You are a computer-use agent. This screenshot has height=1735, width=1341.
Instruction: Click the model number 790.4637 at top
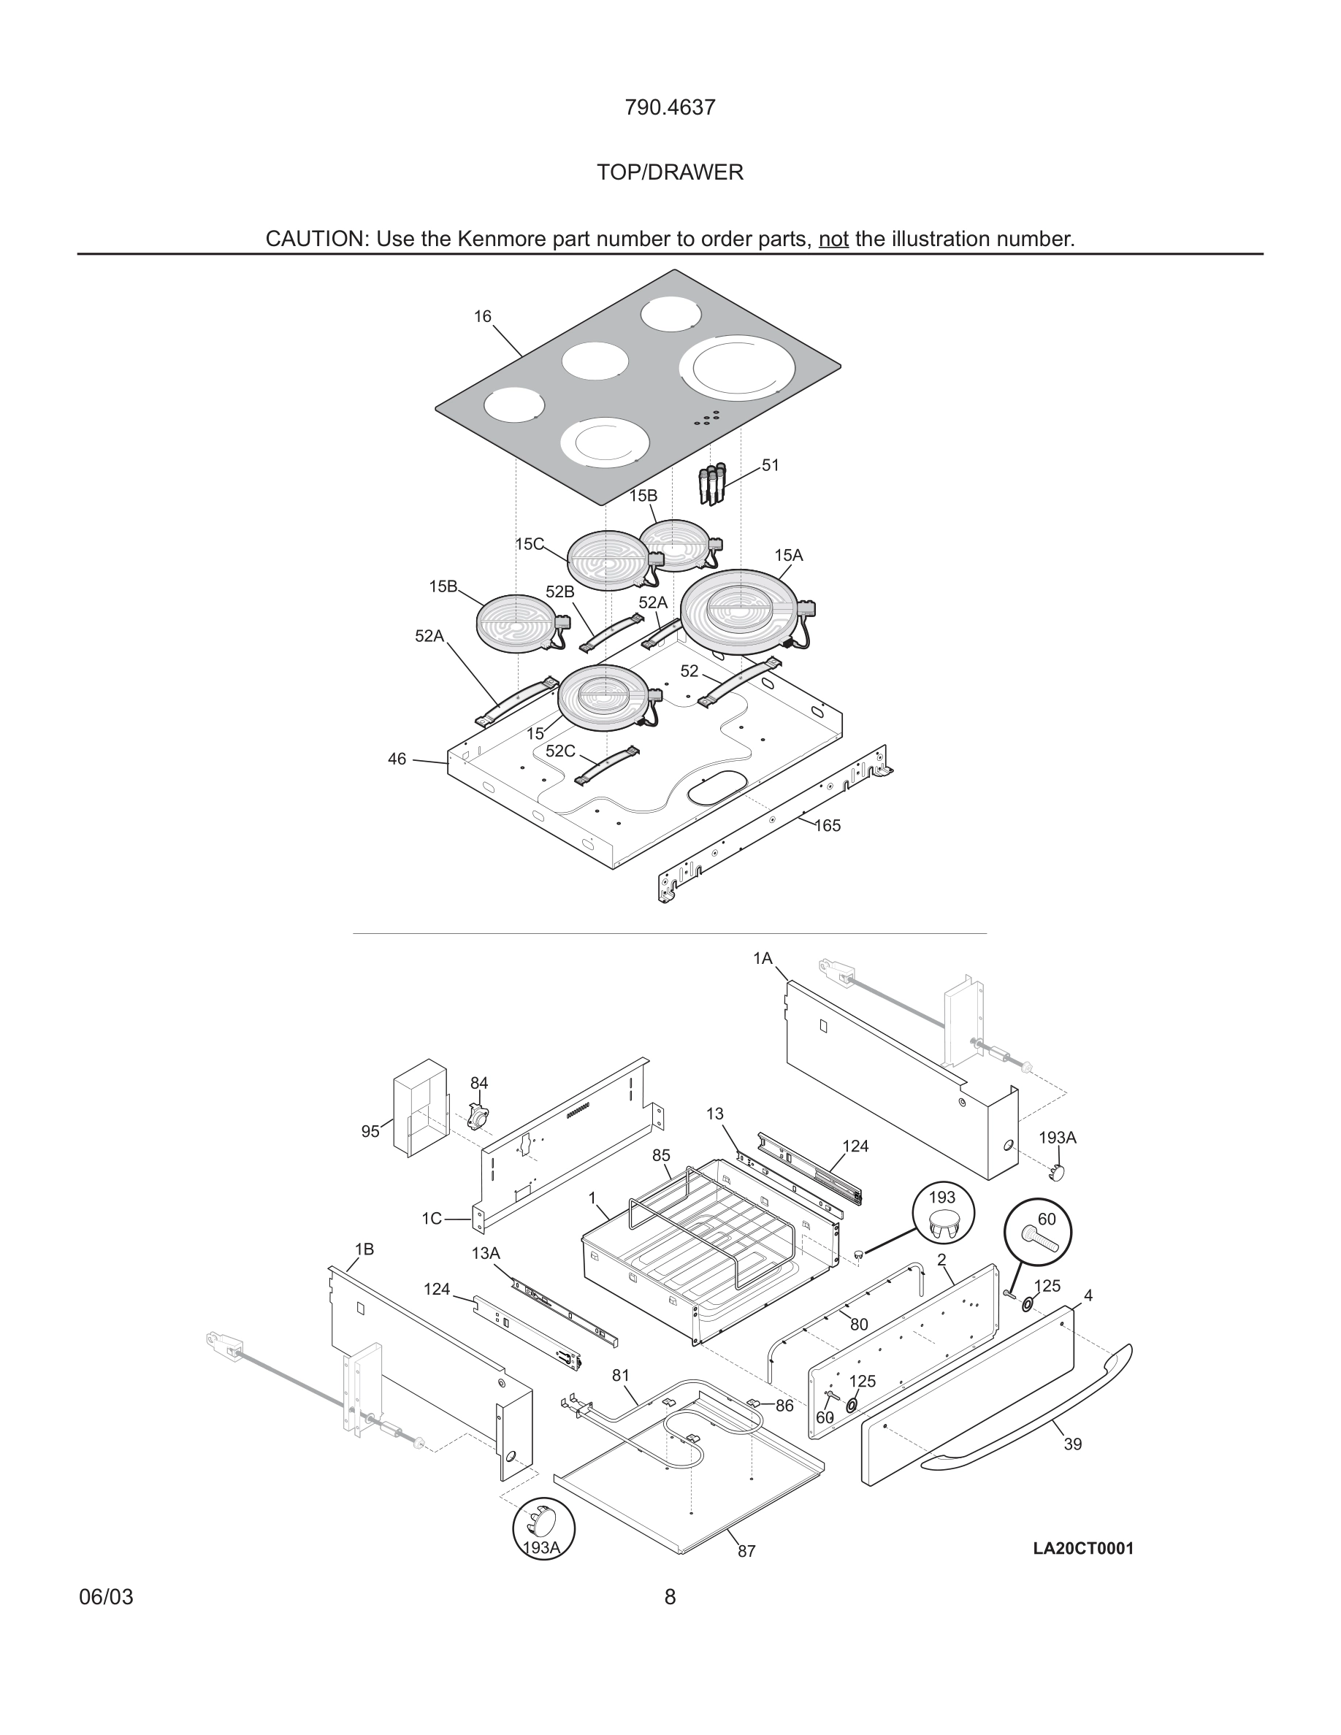[670, 107]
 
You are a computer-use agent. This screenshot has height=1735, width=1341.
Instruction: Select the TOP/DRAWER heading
[670, 172]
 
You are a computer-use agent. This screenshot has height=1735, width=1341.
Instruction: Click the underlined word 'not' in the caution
[833, 239]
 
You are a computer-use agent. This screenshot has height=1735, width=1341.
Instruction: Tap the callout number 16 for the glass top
[482, 316]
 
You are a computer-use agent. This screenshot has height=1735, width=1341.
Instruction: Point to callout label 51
[771, 464]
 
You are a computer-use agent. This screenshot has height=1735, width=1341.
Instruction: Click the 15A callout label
[789, 555]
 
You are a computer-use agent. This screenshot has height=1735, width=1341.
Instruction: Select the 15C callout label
[529, 544]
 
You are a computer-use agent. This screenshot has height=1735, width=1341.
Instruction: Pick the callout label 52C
[560, 751]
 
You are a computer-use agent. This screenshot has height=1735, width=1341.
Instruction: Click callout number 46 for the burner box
[397, 759]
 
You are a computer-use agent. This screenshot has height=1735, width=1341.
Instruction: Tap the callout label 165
[827, 825]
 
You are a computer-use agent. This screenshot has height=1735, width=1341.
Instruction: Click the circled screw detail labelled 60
[1038, 1232]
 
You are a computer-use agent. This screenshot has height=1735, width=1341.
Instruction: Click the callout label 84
[479, 1083]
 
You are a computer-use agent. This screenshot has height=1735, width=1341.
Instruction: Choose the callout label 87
[746, 1551]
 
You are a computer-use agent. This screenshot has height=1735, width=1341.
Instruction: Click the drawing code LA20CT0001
[1083, 1547]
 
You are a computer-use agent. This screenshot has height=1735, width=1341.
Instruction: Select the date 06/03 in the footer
[106, 1597]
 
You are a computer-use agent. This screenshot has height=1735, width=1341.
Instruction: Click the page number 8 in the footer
[670, 1597]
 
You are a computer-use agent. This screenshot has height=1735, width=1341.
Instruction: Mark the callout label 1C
[432, 1219]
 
